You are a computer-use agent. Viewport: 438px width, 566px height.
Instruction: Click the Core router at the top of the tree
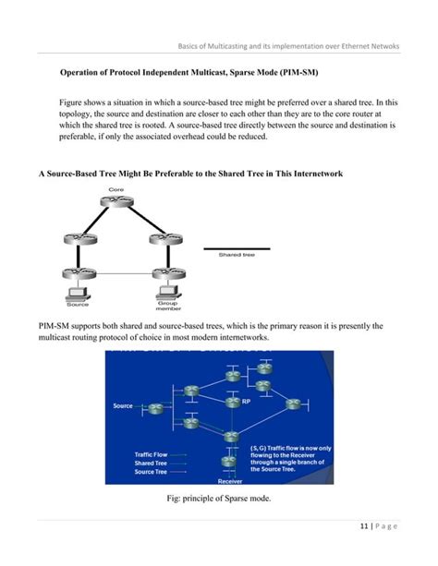click(x=116, y=202)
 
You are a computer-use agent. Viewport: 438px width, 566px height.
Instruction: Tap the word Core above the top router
click(x=116, y=189)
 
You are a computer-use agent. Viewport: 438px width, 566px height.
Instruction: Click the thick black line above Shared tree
click(x=237, y=248)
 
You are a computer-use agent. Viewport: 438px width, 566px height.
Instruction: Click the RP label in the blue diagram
click(x=246, y=403)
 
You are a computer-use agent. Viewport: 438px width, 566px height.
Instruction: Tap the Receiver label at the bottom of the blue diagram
click(x=230, y=481)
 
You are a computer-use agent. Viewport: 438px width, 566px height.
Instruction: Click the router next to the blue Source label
click(x=152, y=407)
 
